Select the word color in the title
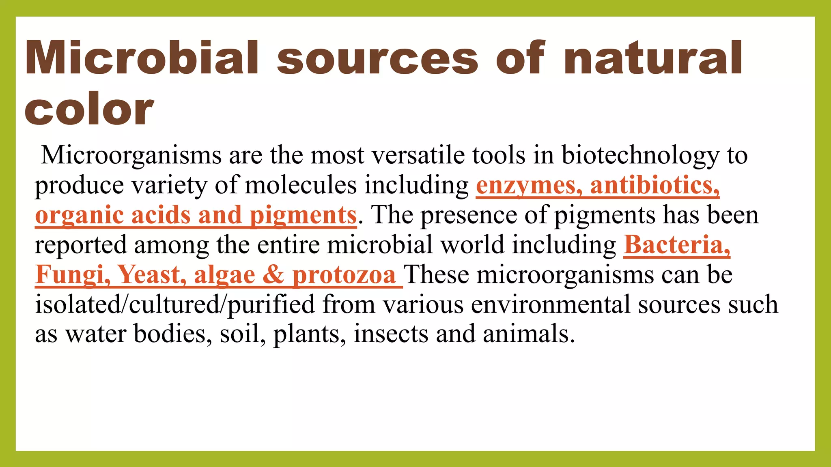pos(89,109)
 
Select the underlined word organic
pos(79,215)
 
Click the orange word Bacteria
pos(676,245)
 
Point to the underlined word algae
pos(224,274)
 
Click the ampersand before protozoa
pos(273,274)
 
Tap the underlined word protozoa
pos(344,274)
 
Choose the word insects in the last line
pos(391,334)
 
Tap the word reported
pos(81,245)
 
